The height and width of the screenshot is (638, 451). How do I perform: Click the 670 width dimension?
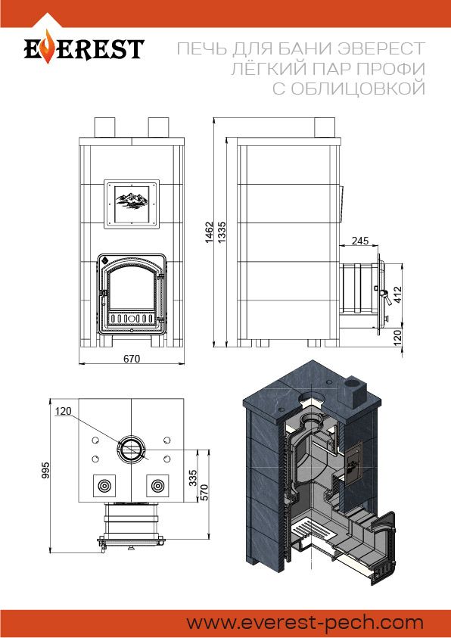tap(132, 359)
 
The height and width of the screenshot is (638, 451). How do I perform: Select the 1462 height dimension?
tap(209, 232)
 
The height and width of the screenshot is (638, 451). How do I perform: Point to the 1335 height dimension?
tap(222, 232)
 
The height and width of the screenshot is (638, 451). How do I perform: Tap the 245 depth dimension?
tap(360, 241)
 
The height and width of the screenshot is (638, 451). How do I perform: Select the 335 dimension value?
tap(193, 478)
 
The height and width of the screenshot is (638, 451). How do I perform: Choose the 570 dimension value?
tap(204, 493)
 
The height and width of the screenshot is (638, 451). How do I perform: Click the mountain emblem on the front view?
tap(131, 201)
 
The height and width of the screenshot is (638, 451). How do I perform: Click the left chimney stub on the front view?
tap(105, 127)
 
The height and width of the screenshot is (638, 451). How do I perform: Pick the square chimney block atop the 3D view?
tap(356, 391)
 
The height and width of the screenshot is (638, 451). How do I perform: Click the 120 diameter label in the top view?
tap(63, 411)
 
